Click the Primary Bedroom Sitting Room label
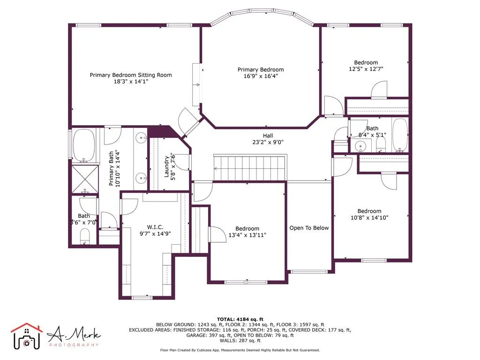coord(131,75)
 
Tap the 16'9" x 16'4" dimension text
coord(260,76)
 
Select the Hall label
coord(268,135)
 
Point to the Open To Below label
coord(309,228)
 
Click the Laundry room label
coord(166,166)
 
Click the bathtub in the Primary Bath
coord(84,145)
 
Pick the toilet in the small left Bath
coord(85,236)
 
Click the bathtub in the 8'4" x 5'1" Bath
coord(400,136)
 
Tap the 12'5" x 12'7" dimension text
coord(366,69)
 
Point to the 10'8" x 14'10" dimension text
coord(369,217)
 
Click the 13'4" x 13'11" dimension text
coord(247,235)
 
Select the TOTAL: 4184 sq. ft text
coord(240,319)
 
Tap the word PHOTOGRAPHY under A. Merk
coord(74,345)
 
